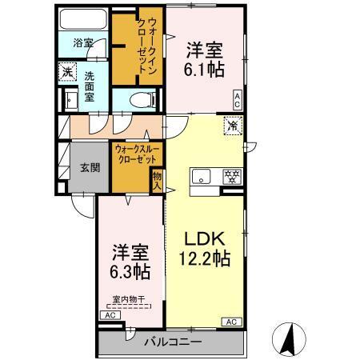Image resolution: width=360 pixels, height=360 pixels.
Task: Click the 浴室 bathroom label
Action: click(83, 43)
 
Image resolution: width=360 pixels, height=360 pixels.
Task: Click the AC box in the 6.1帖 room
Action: click(237, 98)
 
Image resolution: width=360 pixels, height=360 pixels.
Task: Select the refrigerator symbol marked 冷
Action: click(232, 125)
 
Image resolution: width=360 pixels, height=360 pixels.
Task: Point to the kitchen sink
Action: click(200, 178)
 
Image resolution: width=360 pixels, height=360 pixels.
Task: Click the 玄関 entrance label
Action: click(89, 168)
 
